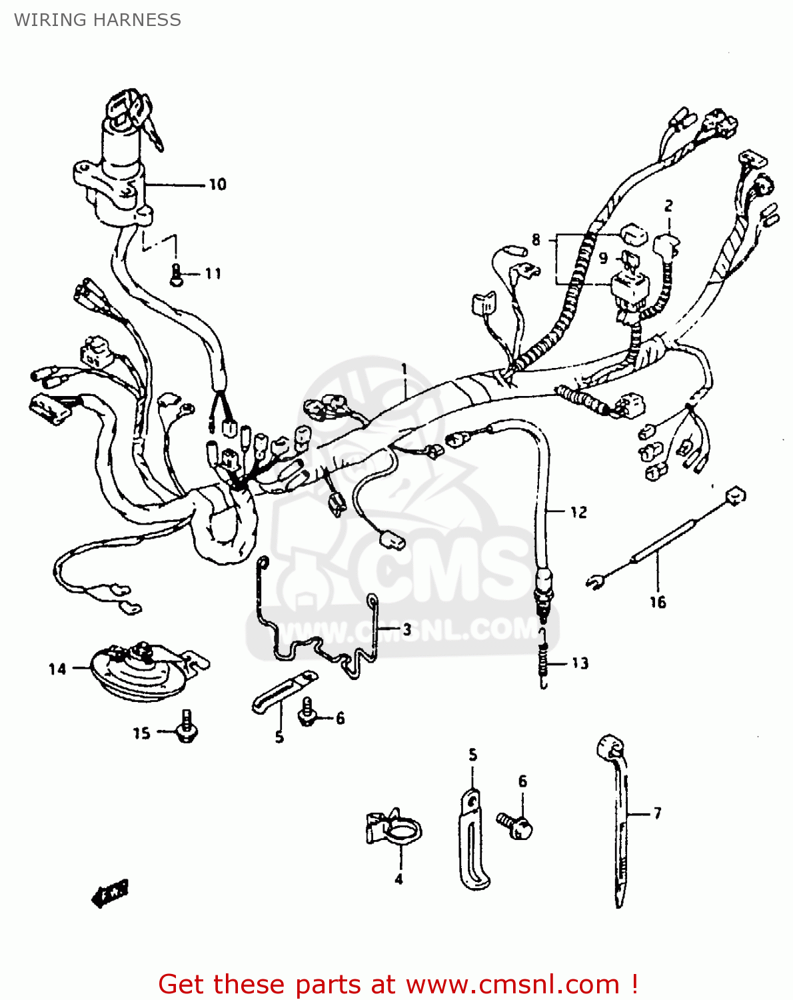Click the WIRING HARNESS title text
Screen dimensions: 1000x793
[97, 20]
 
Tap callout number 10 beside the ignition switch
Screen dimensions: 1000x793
[217, 185]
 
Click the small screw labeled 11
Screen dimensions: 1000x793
[177, 275]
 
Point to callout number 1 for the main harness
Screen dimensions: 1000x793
[404, 369]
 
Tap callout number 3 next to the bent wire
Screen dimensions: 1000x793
[406, 629]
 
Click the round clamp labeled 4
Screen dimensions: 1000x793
[395, 830]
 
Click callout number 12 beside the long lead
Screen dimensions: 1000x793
[578, 512]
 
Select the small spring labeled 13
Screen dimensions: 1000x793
[544, 663]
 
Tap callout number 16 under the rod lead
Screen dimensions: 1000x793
[658, 602]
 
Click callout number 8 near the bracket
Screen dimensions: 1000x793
[536, 239]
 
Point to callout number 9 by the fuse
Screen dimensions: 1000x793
[603, 257]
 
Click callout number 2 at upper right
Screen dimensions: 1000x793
[668, 206]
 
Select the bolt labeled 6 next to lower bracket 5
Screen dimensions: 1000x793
[515, 825]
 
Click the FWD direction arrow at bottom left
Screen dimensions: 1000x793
[110, 893]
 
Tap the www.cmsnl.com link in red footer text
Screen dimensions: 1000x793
[512, 984]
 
